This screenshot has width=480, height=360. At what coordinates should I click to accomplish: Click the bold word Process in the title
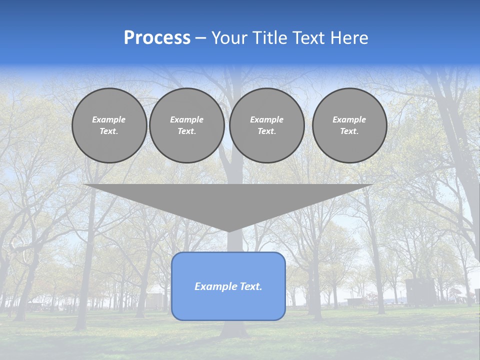[x=157, y=38]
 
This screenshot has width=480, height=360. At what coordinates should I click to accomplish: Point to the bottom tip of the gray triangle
[x=228, y=231]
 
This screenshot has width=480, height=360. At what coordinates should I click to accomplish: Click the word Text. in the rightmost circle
[x=349, y=131]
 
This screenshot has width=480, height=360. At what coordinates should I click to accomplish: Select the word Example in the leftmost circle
[x=109, y=119]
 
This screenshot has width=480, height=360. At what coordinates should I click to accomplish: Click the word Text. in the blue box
[x=250, y=286]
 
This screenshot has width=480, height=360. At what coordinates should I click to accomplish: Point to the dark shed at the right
[x=419, y=292]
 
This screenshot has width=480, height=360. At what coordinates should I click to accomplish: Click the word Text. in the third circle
[x=266, y=131]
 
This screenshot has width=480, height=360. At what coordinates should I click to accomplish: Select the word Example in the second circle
[x=186, y=119]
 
